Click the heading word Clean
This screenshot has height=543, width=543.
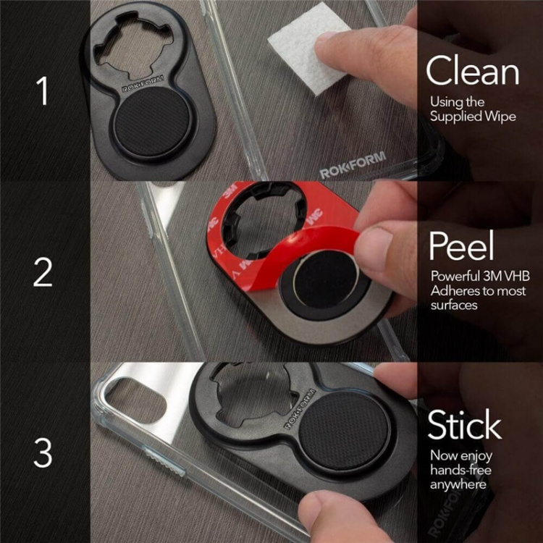point(472,72)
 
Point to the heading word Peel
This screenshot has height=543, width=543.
point(461,246)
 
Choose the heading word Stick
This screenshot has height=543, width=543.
point(464,426)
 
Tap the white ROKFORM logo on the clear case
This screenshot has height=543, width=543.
point(353,165)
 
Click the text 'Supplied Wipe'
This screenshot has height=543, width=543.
point(473,116)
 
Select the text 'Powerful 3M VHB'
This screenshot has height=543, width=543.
point(476,277)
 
